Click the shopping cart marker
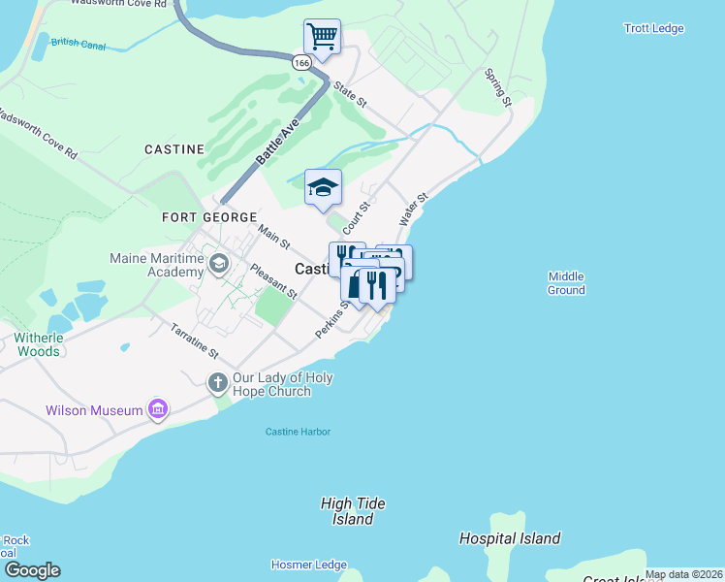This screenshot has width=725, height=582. (322, 38)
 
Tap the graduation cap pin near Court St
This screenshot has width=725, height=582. (323, 187)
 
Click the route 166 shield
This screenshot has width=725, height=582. (302, 62)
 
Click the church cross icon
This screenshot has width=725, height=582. (217, 382)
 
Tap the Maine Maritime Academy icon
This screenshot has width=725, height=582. (219, 263)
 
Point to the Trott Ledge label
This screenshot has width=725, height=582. (654, 29)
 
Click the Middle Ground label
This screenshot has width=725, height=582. (566, 282)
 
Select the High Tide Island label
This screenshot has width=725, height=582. (353, 511)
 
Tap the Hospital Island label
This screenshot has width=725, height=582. (510, 538)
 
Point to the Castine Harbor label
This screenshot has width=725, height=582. (300, 431)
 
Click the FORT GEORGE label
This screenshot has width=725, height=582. (209, 218)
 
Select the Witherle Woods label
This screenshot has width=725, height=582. (37, 344)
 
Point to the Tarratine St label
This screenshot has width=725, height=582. (195, 341)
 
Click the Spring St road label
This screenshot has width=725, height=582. (498, 88)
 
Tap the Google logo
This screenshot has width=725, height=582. (32, 570)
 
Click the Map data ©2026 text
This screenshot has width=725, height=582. (682, 574)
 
